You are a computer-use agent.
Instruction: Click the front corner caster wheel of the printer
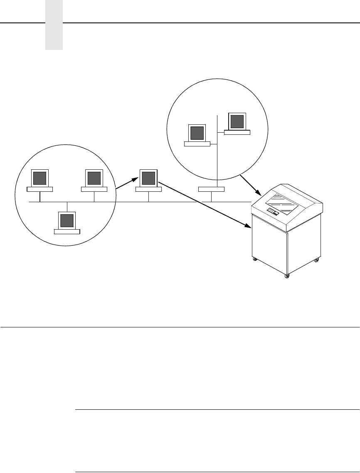point(286,276)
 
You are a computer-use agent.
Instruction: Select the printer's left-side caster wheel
point(255,260)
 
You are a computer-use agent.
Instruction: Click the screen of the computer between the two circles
point(148,178)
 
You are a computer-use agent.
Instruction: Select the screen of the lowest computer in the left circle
point(67,220)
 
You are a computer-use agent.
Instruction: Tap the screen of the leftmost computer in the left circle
point(39,178)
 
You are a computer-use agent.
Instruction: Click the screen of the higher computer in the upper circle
point(237,121)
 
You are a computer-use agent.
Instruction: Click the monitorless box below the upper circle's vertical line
point(211,189)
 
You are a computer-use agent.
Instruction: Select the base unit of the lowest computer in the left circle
point(67,231)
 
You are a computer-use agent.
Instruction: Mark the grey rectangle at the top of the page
point(54,25)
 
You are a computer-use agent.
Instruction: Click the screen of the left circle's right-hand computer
point(94,178)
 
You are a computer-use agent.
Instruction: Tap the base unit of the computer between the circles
point(148,189)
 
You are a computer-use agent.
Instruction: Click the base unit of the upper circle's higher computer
point(237,132)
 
